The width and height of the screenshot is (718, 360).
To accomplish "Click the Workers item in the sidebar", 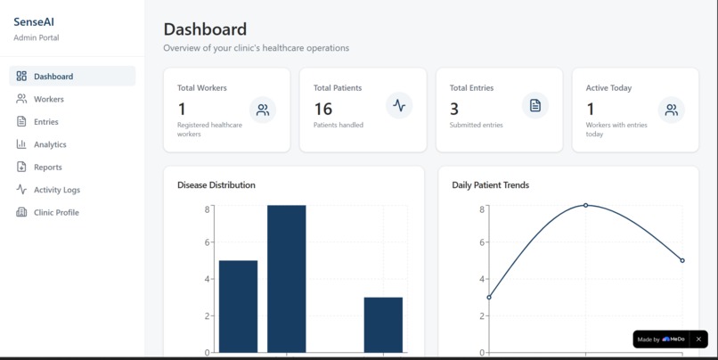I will [x=48, y=99].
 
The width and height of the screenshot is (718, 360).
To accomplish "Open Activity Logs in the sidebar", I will [x=56, y=190].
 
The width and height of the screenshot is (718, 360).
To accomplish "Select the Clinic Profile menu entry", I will [x=56, y=212].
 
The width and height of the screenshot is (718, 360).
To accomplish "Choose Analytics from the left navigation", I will [x=50, y=144].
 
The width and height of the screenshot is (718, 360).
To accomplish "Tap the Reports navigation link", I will [x=47, y=167].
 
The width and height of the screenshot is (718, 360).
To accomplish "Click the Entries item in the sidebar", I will [x=45, y=121].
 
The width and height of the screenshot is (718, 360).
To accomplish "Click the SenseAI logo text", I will [x=34, y=21].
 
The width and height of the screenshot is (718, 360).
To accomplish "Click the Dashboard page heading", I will [x=205, y=29].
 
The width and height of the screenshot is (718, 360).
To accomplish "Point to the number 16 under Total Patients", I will [x=322, y=109].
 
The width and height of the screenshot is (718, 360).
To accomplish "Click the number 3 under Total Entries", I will [x=454, y=109].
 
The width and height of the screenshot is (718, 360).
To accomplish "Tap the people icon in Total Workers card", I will [x=263, y=110].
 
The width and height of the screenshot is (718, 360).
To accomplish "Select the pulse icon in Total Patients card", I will [x=399, y=105].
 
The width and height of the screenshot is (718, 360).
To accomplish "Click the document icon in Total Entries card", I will [x=535, y=105].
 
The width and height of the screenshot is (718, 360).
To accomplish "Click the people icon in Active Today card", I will [x=671, y=110].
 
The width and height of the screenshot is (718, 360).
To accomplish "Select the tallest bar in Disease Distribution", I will [x=286, y=278].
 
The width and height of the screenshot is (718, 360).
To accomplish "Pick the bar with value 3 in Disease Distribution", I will [x=383, y=324].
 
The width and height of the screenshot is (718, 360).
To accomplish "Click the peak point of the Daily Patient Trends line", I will [x=585, y=205].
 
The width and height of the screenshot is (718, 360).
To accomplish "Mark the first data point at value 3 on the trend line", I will [x=489, y=297].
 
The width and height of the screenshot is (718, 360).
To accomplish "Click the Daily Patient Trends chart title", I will [x=490, y=185].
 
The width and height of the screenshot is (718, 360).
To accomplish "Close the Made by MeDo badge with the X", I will [x=698, y=340].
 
